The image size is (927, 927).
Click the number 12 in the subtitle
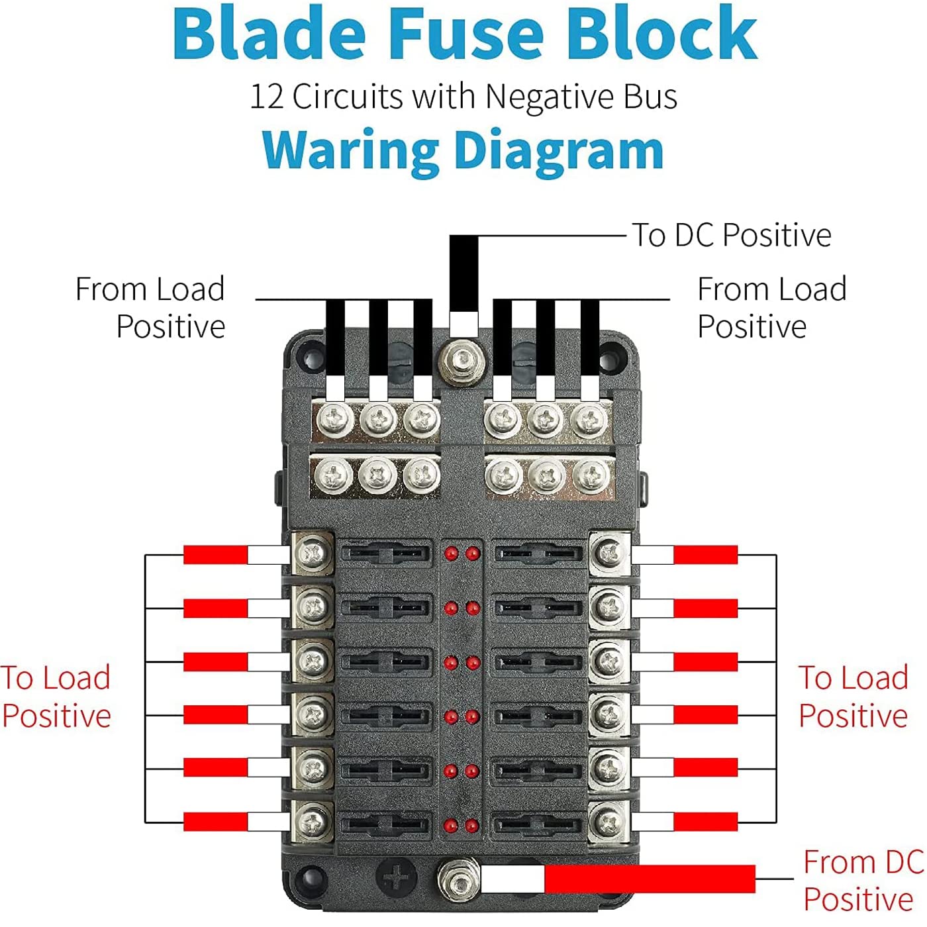point(266,97)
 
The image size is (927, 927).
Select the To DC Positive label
point(731,235)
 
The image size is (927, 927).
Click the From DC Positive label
point(862,880)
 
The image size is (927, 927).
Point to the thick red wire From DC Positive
point(649,879)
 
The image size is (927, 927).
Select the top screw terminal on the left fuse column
point(313,552)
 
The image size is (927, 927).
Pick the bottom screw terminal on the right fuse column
point(609,823)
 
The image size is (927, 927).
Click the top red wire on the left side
point(215,555)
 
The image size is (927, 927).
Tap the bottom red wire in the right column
point(705,822)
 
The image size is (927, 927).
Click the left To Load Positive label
point(56,697)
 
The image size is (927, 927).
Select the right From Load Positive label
point(771,308)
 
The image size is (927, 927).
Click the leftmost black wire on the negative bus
point(335,338)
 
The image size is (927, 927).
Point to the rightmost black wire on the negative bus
point(589,338)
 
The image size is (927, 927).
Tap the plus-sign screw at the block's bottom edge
point(396,877)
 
